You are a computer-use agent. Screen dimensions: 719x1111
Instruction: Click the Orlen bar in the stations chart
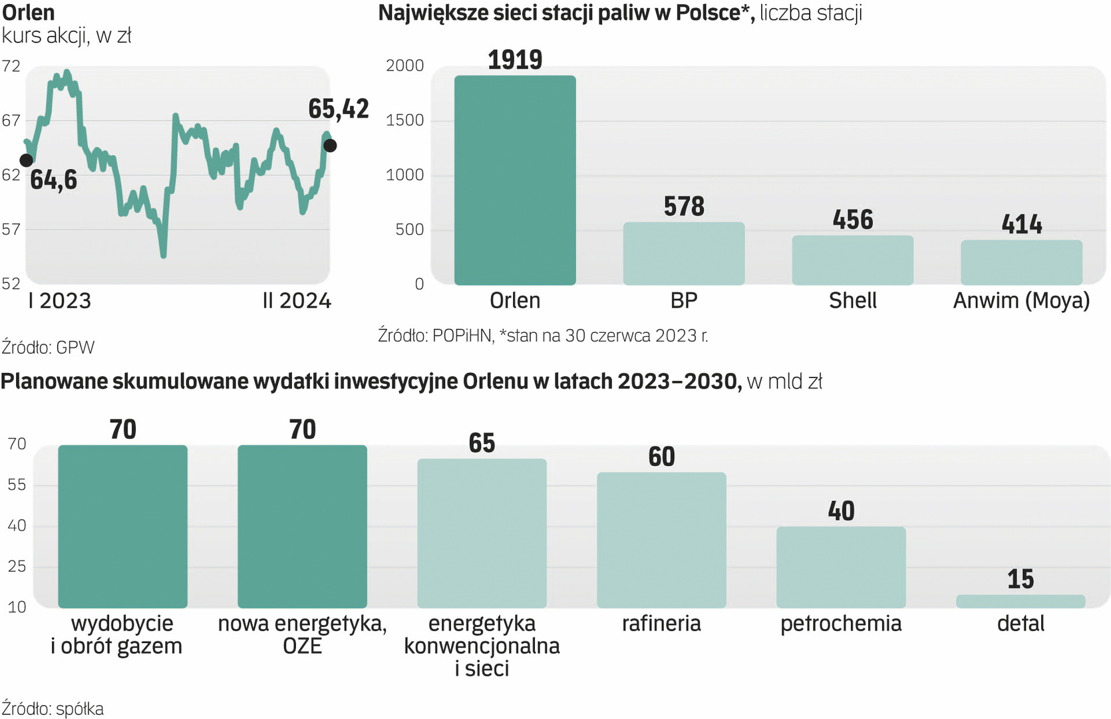515,180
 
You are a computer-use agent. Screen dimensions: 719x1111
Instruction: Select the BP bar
683,254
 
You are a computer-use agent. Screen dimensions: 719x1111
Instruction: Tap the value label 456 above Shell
852,220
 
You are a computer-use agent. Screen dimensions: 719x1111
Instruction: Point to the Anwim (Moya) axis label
1021,301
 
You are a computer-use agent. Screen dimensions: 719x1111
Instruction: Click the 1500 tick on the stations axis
404,120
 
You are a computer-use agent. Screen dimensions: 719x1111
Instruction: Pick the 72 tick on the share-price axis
11,66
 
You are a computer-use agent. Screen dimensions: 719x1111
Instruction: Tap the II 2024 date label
297,301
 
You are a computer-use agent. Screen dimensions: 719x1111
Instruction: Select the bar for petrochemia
841,567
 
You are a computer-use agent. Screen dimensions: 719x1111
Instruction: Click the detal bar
1021,601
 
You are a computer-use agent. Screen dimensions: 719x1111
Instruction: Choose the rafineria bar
661,540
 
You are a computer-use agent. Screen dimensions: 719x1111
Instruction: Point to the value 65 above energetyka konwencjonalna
482,443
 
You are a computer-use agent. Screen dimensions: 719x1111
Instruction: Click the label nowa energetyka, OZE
302,634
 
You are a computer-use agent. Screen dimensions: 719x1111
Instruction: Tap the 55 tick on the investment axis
17,485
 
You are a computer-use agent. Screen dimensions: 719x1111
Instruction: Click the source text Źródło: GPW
48,348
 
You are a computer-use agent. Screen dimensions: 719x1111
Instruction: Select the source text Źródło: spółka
53,709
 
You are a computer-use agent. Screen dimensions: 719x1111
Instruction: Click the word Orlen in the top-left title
28,12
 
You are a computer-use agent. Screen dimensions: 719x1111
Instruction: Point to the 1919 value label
515,60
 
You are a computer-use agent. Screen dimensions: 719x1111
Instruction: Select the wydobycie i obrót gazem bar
122,526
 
